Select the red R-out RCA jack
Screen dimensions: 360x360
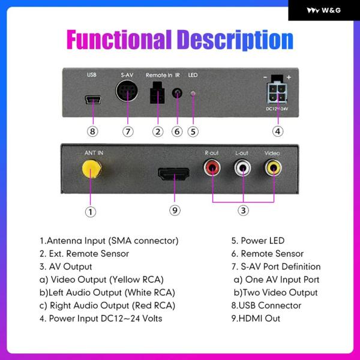[x=212, y=169]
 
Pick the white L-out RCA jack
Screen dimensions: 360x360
[x=243, y=169]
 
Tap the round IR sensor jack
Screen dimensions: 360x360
[x=177, y=94]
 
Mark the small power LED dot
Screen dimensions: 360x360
[x=193, y=94]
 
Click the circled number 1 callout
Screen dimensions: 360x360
[x=90, y=211]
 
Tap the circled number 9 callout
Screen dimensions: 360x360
[x=175, y=210]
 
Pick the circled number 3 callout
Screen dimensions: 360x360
[x=243, y=210]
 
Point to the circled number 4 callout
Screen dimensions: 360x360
[x=277, y=131]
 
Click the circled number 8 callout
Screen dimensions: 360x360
[x=92, y=131]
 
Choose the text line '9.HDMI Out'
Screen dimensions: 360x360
[x=256, y=319]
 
